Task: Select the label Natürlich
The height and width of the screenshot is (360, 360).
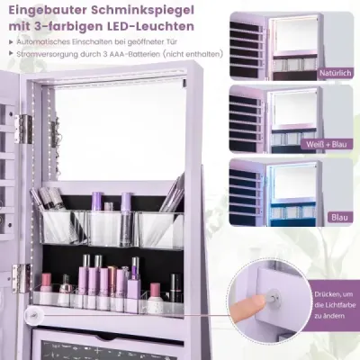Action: tap(335, 73)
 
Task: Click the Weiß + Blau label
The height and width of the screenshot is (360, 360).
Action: tap(326, 144)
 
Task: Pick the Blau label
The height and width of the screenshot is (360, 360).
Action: tap(340, 217)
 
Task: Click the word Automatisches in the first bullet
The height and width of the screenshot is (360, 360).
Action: tap(43, 41)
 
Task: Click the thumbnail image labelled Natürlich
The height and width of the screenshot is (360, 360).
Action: tap(292, 47)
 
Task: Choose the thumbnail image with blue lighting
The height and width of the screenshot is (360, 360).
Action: tap(292, 192)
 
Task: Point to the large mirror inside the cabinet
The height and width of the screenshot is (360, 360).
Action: tap(119, 129)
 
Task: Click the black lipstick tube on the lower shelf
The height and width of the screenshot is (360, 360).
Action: tap(175, 285)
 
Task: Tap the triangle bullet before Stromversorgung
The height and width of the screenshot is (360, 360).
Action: tap(11, 54)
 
